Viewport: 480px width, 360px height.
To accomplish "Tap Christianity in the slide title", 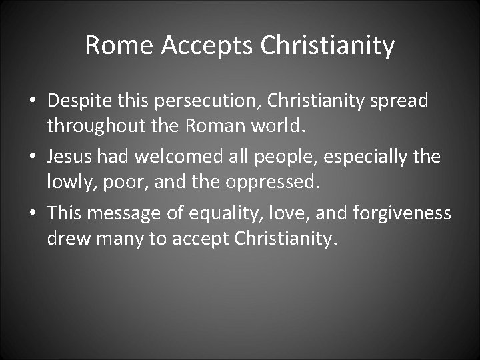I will coord(328,46).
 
